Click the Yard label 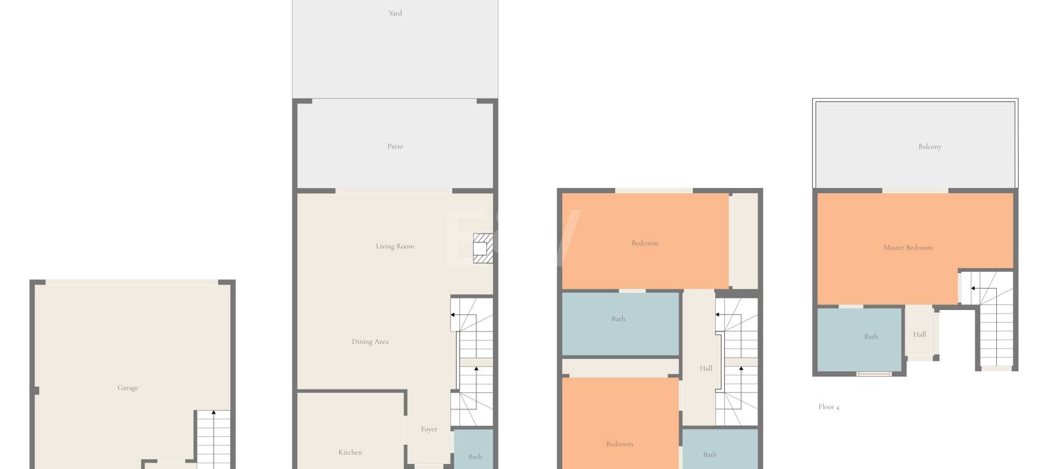coord(395,13)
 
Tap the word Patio coord(395,146)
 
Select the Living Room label coord(395,246)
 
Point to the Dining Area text coord(370,342)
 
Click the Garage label coord(128,387)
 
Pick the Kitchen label coord(350,452)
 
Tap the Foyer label coord(429,429)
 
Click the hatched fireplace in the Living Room coord(483,248)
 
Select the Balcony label coord(930,146)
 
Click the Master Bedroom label coord(908,248)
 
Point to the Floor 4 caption coord(829,407)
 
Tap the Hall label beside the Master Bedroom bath coord(919,334)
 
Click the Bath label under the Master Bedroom coord(871,336)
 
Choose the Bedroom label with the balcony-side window coord(645,243)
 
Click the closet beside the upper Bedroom coord(744,241)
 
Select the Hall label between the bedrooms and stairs coord(706,368)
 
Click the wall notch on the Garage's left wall coord(36,390)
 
